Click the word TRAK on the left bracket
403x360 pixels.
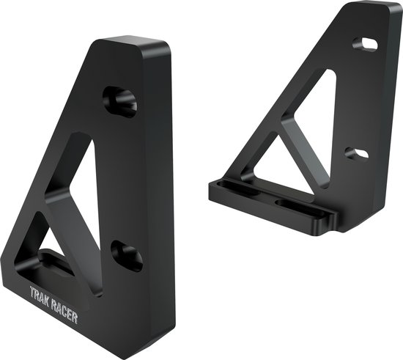pos(40,293)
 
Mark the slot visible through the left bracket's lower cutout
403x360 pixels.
pos(53,260)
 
